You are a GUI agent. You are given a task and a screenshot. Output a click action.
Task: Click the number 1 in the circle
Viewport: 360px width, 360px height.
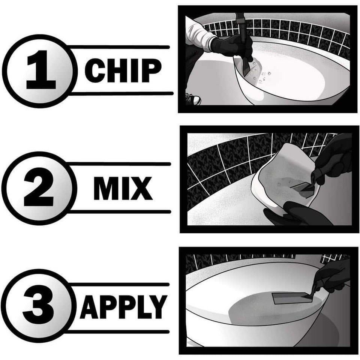pos(40,70)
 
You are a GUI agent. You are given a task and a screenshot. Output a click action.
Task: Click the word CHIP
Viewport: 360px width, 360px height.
pos(123,70)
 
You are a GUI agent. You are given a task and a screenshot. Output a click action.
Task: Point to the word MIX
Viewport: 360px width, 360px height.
pos(123,188)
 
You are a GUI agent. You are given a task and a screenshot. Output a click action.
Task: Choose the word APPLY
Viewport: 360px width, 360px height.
pos(123,306)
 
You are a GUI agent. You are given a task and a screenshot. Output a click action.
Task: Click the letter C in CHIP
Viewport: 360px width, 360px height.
pos(95,70)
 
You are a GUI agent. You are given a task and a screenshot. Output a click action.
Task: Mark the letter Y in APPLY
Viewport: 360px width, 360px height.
pos(158,306)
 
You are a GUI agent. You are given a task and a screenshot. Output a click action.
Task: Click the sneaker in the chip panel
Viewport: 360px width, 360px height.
pos(193,99)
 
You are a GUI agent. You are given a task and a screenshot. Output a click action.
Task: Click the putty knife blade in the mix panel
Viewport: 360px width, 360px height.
pos(302,187)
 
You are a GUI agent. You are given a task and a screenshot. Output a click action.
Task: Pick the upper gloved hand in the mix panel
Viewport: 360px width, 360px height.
pos(334,157)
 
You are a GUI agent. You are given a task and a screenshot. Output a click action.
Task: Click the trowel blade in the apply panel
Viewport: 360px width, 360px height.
pos(289,298)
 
